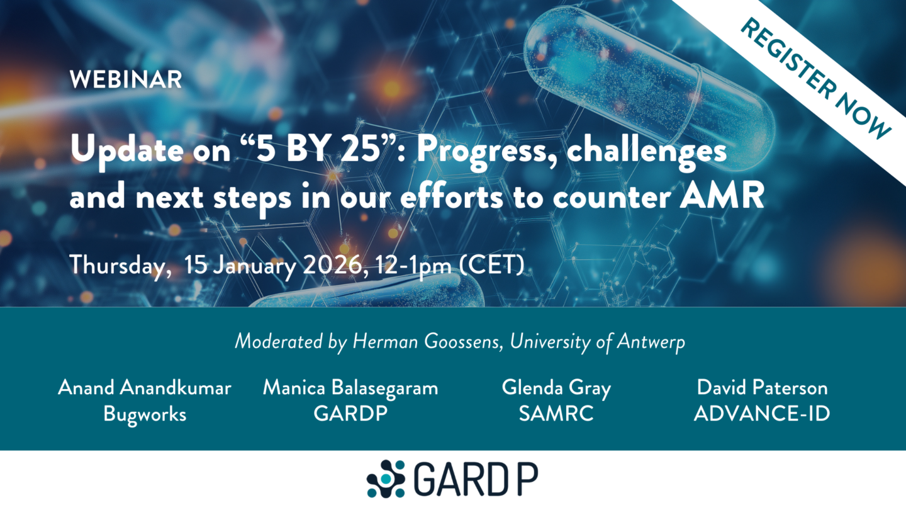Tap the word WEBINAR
point(126,80)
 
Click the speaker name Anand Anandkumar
point(145,388)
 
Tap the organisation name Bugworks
point(145,414)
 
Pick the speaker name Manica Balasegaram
point(350,388)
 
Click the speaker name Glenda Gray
point(556,388)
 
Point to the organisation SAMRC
point(556,414)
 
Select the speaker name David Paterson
point(761,388)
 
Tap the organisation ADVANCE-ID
point(761,414)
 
